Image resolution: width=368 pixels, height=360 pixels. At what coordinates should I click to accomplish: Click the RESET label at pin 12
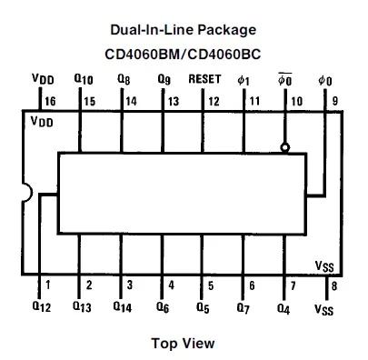[x=204, y=79]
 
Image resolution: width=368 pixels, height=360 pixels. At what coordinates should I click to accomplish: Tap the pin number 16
[x=48, y=101]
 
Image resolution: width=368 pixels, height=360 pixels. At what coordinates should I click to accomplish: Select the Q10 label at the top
[x=83, y=80]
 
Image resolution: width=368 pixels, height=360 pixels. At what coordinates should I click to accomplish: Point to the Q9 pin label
[x=164, y=80]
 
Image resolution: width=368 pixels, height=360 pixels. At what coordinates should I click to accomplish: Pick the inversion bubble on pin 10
[x=284, y=147]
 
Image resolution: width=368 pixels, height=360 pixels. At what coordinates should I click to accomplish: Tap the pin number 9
[x=335, y=101]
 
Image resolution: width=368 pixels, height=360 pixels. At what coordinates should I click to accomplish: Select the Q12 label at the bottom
[x=42, y=307]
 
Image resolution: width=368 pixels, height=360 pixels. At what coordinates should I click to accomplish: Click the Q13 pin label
[x=83, y=307]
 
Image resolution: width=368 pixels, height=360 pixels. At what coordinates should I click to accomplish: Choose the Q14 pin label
[x=124, y=307]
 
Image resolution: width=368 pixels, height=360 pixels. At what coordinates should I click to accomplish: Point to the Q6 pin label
[x=164, y=307]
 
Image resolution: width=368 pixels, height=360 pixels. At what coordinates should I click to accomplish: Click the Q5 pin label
[x=204, y=307]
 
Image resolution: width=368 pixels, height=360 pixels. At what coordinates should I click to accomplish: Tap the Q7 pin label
[x=244, y=307]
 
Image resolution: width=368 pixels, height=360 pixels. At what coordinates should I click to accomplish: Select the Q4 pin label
[x=284, y=307]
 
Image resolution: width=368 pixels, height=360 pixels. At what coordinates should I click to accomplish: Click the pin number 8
[x=334, y=285]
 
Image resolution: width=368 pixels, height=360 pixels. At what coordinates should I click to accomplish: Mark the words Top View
[x=184, y=343]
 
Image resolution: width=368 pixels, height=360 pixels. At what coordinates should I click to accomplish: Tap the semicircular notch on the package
[x=27, y=193]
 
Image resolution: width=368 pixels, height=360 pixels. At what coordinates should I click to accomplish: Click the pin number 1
[x=48, y=285]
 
